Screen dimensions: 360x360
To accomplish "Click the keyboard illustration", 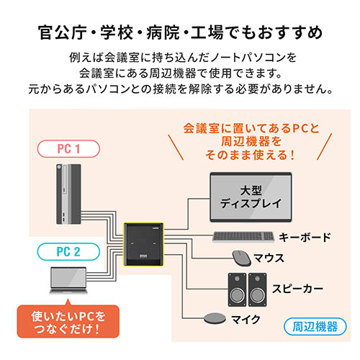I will click(x=245, y=236).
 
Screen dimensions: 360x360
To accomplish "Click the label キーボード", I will click(x=305, y=237).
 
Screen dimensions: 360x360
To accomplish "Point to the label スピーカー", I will click(x=297, y=288).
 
